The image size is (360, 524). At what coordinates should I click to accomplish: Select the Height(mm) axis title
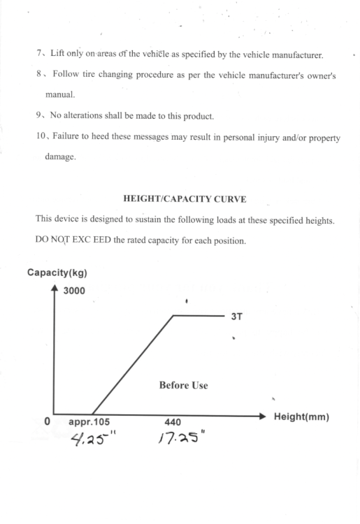[x=301, y=416]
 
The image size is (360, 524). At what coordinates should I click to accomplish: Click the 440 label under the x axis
[x=173, y=423]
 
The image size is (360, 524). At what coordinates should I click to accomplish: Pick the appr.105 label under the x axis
[x=89, y=423]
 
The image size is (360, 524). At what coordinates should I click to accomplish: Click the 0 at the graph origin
[x=47, y=422]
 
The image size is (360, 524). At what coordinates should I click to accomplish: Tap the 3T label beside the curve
[x=236, y=316]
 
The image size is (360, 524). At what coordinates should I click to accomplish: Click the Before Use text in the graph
[x=183, y=385]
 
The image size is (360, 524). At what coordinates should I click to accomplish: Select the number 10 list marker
[x=41, y=137]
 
